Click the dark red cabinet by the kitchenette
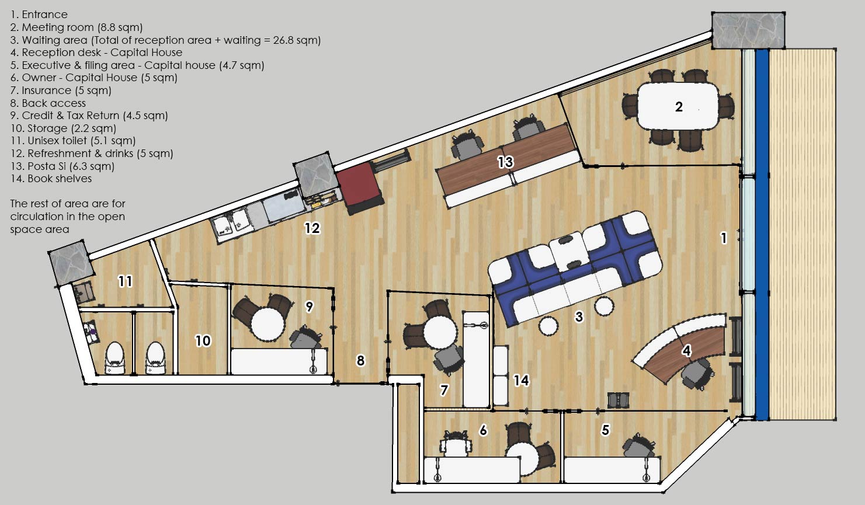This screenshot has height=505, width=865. tap(360, 188)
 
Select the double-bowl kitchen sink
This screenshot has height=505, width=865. tap(231, 225)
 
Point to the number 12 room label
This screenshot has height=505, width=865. tap(312, 228)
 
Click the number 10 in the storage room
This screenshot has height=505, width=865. tap(203, 340)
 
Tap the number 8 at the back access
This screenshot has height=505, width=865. tap(360, 360)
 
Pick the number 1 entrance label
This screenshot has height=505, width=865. tap(724, 238)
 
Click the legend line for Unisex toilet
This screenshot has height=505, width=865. tap(72, 141)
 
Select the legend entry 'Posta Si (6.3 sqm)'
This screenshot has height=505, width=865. tap(62, 166)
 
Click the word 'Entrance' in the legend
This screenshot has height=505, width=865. tap(44, 15)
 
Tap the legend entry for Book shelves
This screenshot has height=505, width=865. tap(51, 179)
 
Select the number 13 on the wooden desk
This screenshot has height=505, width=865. tap(505, 162)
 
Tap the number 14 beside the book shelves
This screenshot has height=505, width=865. tap(521, 381)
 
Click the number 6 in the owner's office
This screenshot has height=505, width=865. tap(483, 430)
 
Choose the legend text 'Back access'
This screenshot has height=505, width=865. tap(54, 103)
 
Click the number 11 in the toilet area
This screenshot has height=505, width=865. tap(125, 281)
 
